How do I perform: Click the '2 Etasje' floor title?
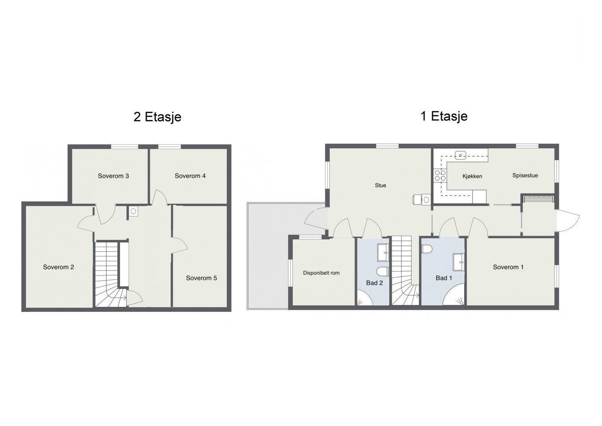point(157,117)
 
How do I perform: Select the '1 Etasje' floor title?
point(444,116)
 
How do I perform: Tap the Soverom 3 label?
point(113,176)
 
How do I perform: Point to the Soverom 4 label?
point(190,176)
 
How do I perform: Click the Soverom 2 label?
point(59,267)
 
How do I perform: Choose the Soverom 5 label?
point(202,278)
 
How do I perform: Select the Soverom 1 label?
point(508,267)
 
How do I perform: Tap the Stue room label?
point(380,185)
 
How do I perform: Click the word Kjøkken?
point(472,177)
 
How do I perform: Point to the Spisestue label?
point(525,176)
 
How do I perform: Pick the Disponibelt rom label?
point(321,273)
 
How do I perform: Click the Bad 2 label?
point(375,283)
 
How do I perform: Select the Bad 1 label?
point(444,278)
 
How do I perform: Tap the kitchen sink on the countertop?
point(461,155)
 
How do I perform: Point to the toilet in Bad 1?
point(426,249)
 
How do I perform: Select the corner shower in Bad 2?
point(365,299)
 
